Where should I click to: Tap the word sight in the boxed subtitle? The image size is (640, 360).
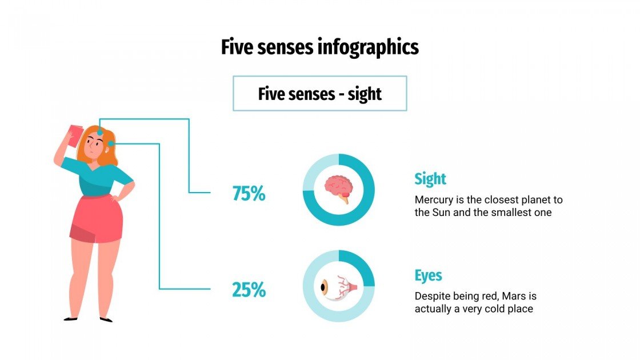[x=364, y=94]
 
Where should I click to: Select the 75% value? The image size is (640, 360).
[x=249, y=194]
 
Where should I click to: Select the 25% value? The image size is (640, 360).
[x=249, y=290]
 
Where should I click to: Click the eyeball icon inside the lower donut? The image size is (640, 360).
[x=338, y=286]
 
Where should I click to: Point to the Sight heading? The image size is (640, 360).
[x=430, y=179]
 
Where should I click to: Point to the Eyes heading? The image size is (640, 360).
[x=428, y=275]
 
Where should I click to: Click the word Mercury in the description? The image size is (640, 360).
[x=435, y=201]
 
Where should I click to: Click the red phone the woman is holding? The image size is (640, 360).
[x=73, y=135]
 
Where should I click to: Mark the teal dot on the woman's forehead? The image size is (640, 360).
[x=101, y=133]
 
